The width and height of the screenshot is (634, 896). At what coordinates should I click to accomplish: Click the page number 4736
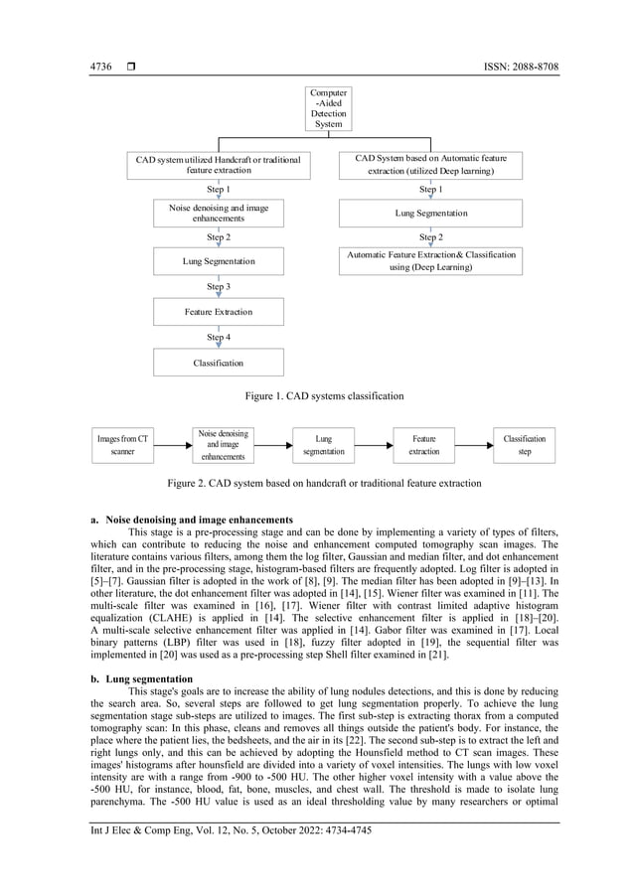pyautogui.click(x=100, y=67)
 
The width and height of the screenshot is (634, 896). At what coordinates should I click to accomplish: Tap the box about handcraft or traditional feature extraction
pyautogui.click(x=218, y=164)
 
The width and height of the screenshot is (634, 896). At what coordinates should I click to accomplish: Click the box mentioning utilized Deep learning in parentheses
pyautogui.click(x=430, y=164)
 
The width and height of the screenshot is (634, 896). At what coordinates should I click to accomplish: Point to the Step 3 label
pyautogui.click(x=219, y=287)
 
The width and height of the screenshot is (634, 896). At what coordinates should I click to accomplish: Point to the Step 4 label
pyautogui.click(x=219, y=338)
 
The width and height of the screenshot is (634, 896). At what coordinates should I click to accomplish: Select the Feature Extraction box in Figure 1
pyautogui.click(x=218, y=312)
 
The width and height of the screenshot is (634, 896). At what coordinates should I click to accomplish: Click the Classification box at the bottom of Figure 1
pyautogui.click(x=218, y=363)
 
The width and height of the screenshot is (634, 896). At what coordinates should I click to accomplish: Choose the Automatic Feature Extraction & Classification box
pyautogui.click(x=430, y=260)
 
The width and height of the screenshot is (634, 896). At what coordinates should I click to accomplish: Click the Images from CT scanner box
pyautogui.click(x=122, y=444)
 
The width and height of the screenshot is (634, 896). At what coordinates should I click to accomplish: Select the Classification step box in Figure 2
pyautogui.click(x=524, y=444)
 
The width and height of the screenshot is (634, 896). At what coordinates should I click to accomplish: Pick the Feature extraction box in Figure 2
pyautogui.click(x=423, y=444)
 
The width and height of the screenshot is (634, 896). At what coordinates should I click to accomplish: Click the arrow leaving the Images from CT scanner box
pyautogui.click(x=171, y=444)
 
